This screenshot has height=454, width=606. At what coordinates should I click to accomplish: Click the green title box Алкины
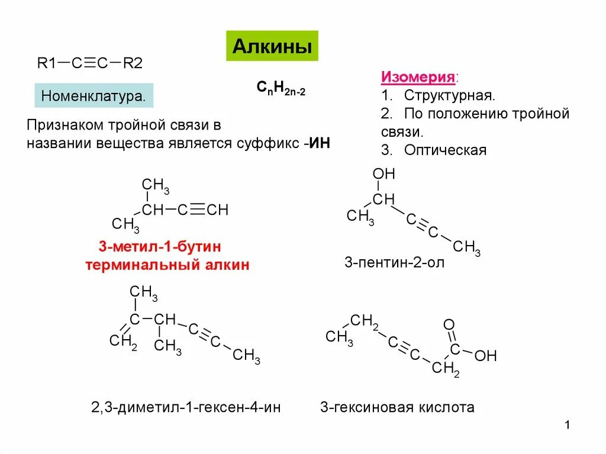272,46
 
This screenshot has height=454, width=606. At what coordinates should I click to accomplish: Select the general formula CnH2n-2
281,88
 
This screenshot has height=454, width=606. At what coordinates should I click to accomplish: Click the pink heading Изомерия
419,78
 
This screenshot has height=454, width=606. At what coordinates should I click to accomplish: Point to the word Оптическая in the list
445,150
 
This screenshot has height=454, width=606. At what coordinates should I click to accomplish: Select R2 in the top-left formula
133,63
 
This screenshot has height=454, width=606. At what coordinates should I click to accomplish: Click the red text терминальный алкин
167,265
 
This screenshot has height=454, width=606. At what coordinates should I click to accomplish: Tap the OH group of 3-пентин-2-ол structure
383,174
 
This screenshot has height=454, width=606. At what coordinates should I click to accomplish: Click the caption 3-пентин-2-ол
394,262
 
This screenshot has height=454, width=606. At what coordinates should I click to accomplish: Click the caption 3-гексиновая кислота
397,407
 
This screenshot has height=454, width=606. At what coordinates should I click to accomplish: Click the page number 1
566,426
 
